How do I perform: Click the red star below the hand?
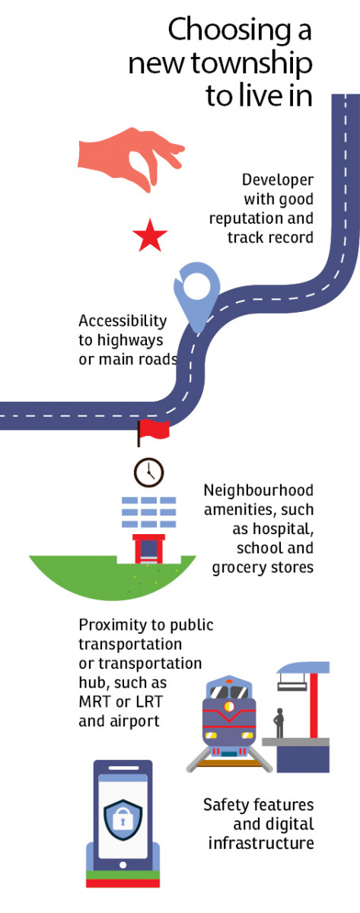tap(150, 236)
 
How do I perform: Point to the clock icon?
tap(149, 472)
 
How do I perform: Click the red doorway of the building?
tap(149, 549)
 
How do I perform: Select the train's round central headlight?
tap(229, 706)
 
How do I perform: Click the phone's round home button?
tap(123, 865)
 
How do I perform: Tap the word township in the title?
tap(252, 65)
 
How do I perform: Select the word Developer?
tap(278, 180)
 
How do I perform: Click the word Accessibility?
tap(123, 321)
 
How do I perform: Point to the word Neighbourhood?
tap(259, 490)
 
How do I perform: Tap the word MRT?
tap(95, 701)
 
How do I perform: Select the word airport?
tap(134, 722)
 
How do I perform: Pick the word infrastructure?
tap(261, 843)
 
